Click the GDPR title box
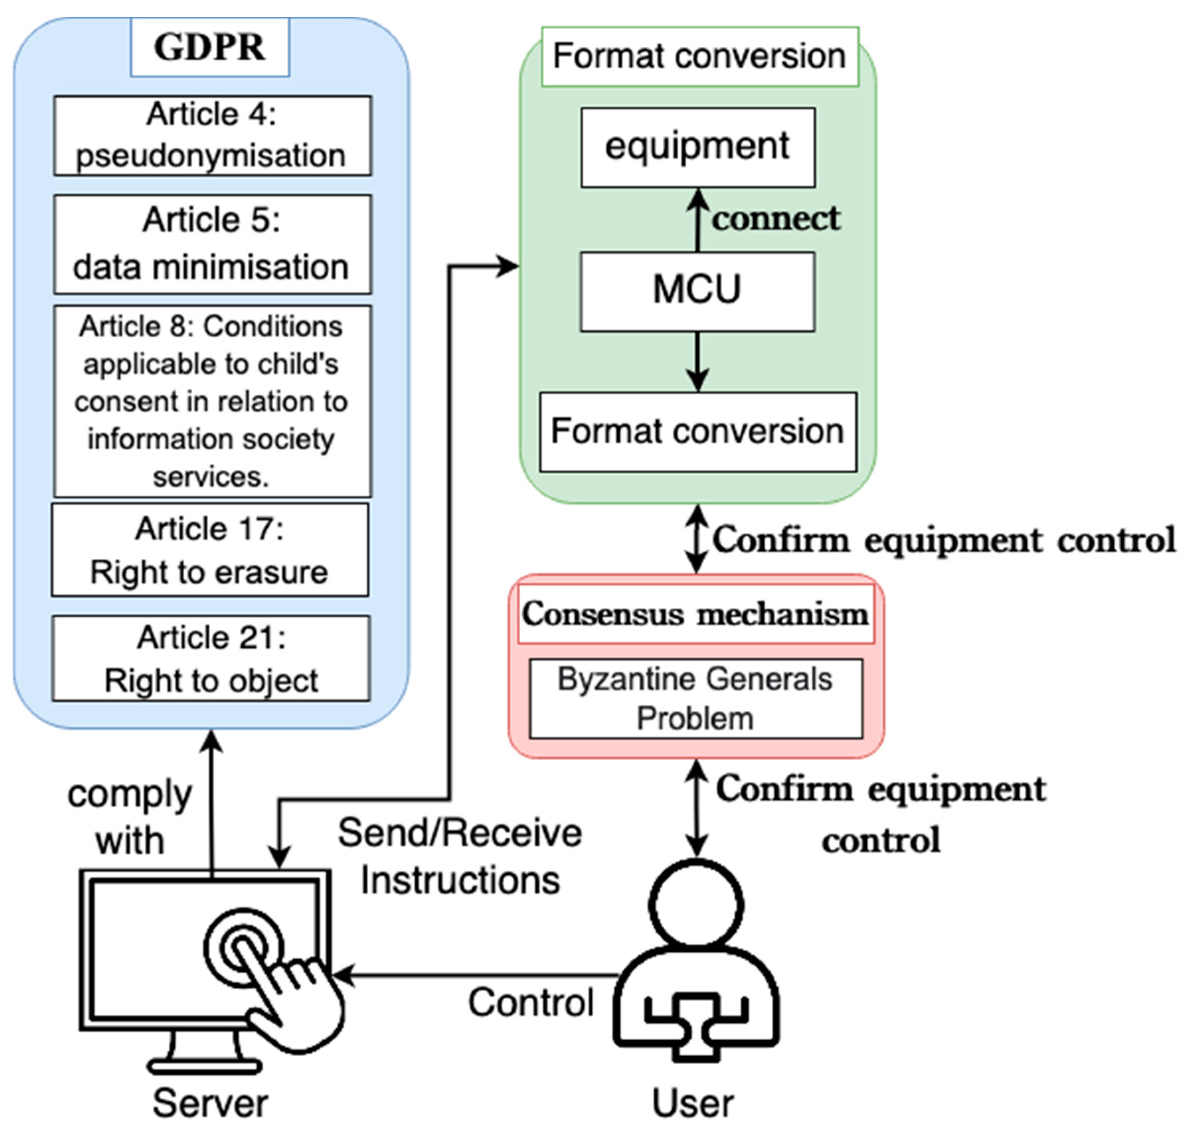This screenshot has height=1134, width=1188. tap(210, 47)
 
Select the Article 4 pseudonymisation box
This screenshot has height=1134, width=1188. tap(212, 136)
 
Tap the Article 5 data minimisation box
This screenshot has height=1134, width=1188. tap(212, 244)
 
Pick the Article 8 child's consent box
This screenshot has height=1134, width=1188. tap(212, 401)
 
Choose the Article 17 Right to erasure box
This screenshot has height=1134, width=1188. tap(210, 549)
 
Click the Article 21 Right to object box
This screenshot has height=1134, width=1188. tap(211, 658)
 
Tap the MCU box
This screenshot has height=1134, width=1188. tap(698, 291)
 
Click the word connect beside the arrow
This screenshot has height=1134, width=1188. tap(775, 218)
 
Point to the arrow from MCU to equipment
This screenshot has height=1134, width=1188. tap(698, 220)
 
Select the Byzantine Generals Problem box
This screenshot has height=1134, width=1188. tap(696, 698)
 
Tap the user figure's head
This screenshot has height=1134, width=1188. tap(696, 905)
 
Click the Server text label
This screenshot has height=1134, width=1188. tap(210, 1103)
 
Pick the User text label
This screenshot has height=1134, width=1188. tap(693, 1103)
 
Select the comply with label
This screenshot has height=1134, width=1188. tap(130, 817)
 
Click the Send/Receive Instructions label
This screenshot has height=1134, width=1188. tap(460, 857)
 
